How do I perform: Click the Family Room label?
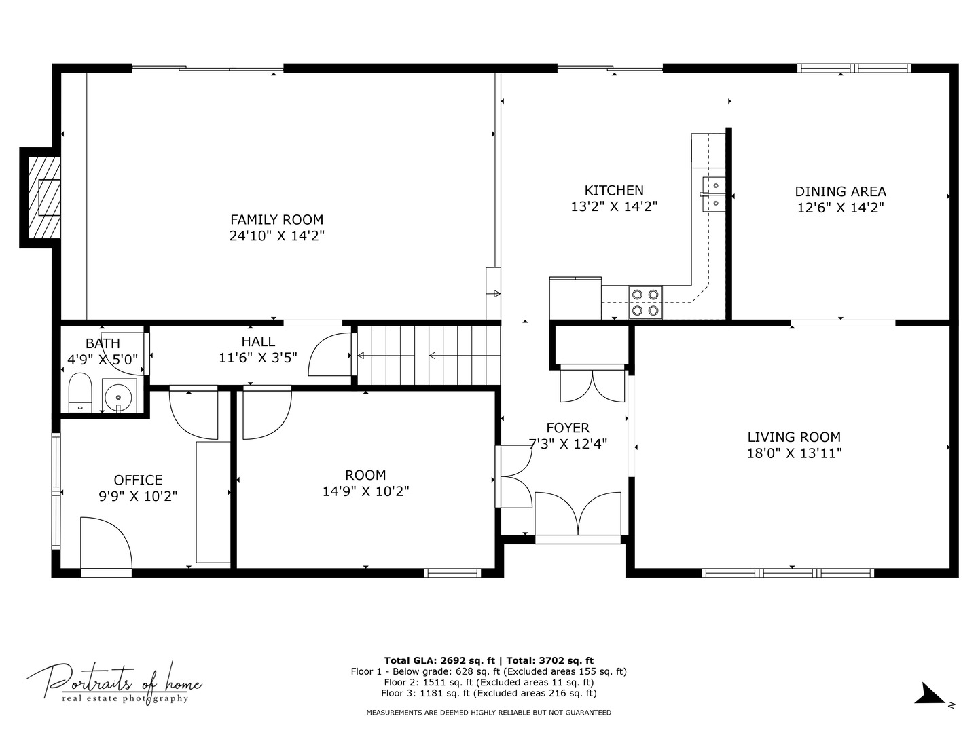[276, 219]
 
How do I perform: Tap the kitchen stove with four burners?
[645, 302]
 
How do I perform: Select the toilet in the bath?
[80, 393]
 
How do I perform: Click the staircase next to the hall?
[429, 355]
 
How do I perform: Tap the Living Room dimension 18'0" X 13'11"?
[795, 453]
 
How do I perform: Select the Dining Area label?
[840, 191]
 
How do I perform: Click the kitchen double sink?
[714, 194]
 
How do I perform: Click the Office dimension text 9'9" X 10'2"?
[138, 495]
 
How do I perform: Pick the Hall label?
[258, 341]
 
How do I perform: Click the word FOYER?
[568, 428]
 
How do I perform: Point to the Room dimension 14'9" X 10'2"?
[366, 491]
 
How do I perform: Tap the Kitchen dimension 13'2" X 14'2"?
[615, 206]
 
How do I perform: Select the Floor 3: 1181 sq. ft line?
[489, 693]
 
